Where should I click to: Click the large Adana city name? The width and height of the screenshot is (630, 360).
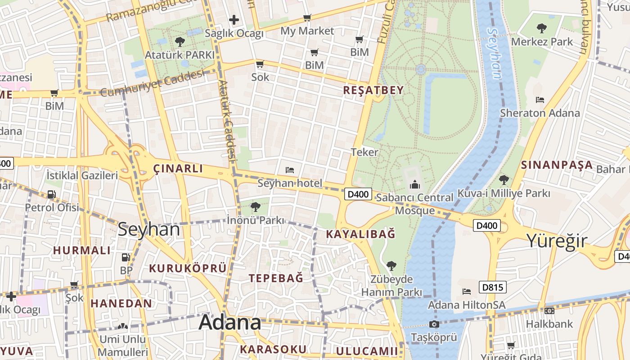229,322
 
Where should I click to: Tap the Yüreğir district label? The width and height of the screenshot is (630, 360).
557,240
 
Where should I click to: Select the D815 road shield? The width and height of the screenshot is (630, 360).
493,287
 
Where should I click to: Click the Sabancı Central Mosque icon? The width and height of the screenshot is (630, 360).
414,184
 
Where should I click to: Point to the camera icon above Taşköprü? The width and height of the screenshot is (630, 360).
434,324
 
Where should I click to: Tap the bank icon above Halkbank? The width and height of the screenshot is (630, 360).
549,311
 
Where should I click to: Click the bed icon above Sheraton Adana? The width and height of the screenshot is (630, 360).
540,100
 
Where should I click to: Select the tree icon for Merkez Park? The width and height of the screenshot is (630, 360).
542,29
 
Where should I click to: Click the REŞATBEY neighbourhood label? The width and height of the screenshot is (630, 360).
373,90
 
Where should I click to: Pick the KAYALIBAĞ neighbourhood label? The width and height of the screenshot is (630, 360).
360,234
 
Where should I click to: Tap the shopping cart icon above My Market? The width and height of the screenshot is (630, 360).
307,18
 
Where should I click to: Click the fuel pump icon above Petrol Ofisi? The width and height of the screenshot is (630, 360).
52,194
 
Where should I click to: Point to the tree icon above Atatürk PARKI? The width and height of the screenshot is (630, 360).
180,42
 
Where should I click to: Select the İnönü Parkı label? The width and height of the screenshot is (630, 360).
256,220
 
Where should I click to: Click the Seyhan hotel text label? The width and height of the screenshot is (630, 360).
290,183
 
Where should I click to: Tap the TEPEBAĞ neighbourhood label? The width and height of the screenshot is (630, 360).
276,278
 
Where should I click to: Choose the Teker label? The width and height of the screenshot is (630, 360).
364,152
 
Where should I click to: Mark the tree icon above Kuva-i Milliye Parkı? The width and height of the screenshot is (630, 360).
504,180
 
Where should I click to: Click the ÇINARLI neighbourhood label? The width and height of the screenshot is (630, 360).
178,169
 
